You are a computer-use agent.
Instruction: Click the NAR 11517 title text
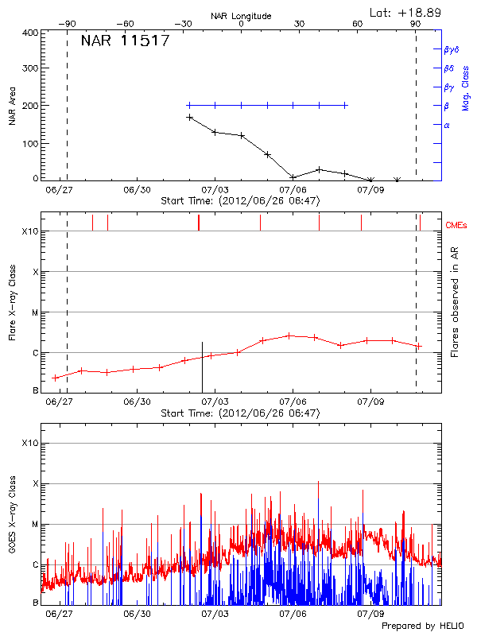(x=125, y=41)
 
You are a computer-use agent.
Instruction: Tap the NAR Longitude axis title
(x=241, y=16)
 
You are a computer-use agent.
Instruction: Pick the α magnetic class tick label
(x=447, y=125)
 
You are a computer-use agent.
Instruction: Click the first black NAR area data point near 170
(x=189, y=117)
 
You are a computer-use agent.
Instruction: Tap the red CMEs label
(x=457, y=226)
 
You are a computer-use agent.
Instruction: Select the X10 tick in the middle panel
(x=30, y=231)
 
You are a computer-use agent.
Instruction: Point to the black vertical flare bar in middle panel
(x=202, y=366)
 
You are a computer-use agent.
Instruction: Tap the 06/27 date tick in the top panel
(x=60, y=191)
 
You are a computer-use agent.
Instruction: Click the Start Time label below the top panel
(x=240, y=201)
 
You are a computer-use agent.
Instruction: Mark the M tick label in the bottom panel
(x=34, y=525)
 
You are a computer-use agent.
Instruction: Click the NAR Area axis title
(x=12, y=107)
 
